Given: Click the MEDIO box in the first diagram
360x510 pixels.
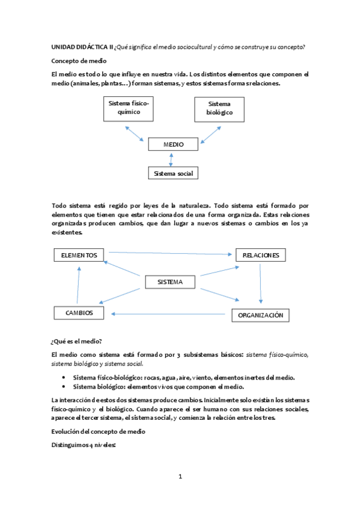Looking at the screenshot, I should pyautogui.click(x=172, y=144).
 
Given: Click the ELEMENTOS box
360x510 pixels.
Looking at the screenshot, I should pyautogui.click(x=79, y=255).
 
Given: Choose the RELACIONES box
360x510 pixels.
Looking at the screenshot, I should pyautogui.click(x=260, y=255).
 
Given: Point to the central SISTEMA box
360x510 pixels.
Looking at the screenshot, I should pyautogui.click(x=171, y=281).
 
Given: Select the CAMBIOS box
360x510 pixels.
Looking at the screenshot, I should pyautogui.click(x=78, y=313).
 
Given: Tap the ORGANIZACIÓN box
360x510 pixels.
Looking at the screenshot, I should pyautogui.click(x=260, y=315).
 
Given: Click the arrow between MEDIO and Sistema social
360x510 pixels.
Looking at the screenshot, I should pyautogui.click(x=172, y=159).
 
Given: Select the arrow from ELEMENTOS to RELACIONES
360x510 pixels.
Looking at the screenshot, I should pyautogui.click(x=170, y=254).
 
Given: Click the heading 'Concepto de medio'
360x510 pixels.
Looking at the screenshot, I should pyautogui.click(x=79, y=61).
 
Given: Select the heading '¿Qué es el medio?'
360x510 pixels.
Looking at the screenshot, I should pyautogui.click(x=77, y=340).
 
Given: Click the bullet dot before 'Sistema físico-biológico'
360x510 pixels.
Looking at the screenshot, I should pyautogui.click(x=64, y=378).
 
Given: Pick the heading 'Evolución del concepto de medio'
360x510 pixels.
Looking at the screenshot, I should pyautogui.click(x=99, y=432).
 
